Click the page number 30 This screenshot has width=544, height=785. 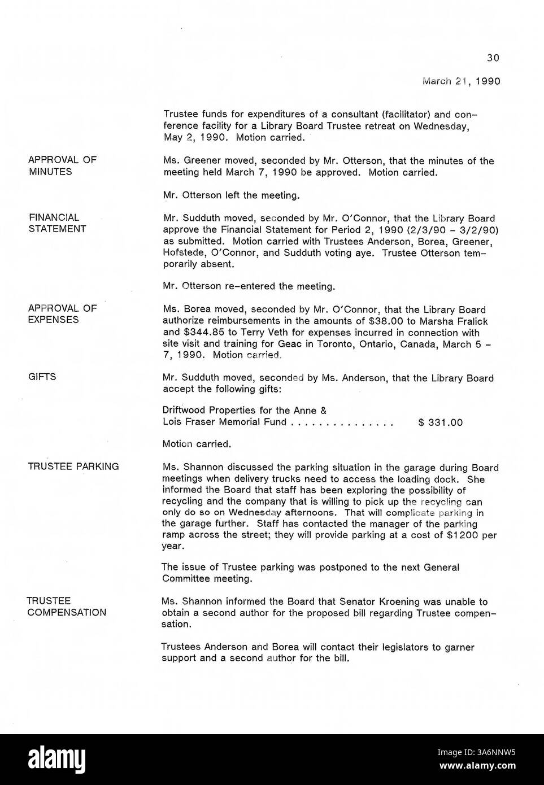point(493,58)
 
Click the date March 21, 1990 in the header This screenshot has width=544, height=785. point(461,81)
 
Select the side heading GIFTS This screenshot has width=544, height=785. point(42,377)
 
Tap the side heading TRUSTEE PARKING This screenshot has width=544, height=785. point(73,466)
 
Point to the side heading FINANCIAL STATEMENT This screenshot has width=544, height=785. point(57,223)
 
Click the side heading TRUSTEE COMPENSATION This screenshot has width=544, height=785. point(66,607)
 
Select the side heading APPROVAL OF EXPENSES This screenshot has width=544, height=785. point(62,314)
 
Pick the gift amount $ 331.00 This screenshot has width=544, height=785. point(441,422)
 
